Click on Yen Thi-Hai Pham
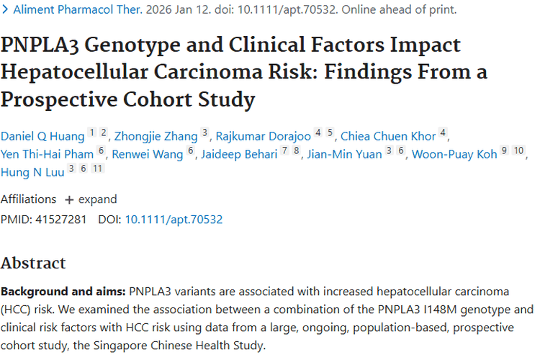[x=47, y=153]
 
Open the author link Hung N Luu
[x=32, y=172]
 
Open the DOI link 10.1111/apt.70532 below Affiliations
[x=174, y=219]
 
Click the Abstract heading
[x=33, y=262]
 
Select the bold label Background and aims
[x=63, y=292]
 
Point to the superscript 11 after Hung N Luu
[x=98, y=168]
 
